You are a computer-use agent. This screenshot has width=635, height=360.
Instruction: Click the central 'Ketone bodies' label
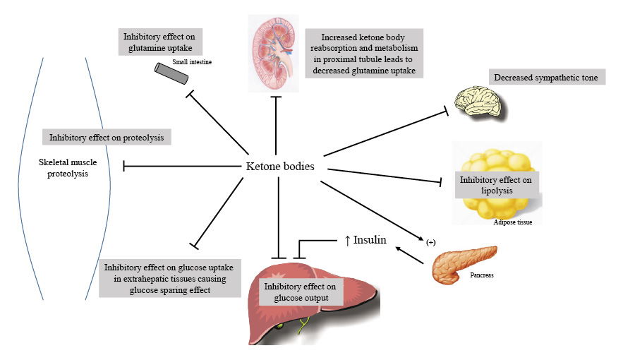[279, 167]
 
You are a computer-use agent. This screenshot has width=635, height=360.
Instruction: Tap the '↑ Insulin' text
[365, 240]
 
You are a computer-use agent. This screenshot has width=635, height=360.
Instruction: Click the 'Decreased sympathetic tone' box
[547, 77]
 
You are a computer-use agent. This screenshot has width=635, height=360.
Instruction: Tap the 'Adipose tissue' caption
[513, 222]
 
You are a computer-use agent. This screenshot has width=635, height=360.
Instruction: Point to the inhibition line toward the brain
[385, 132]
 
